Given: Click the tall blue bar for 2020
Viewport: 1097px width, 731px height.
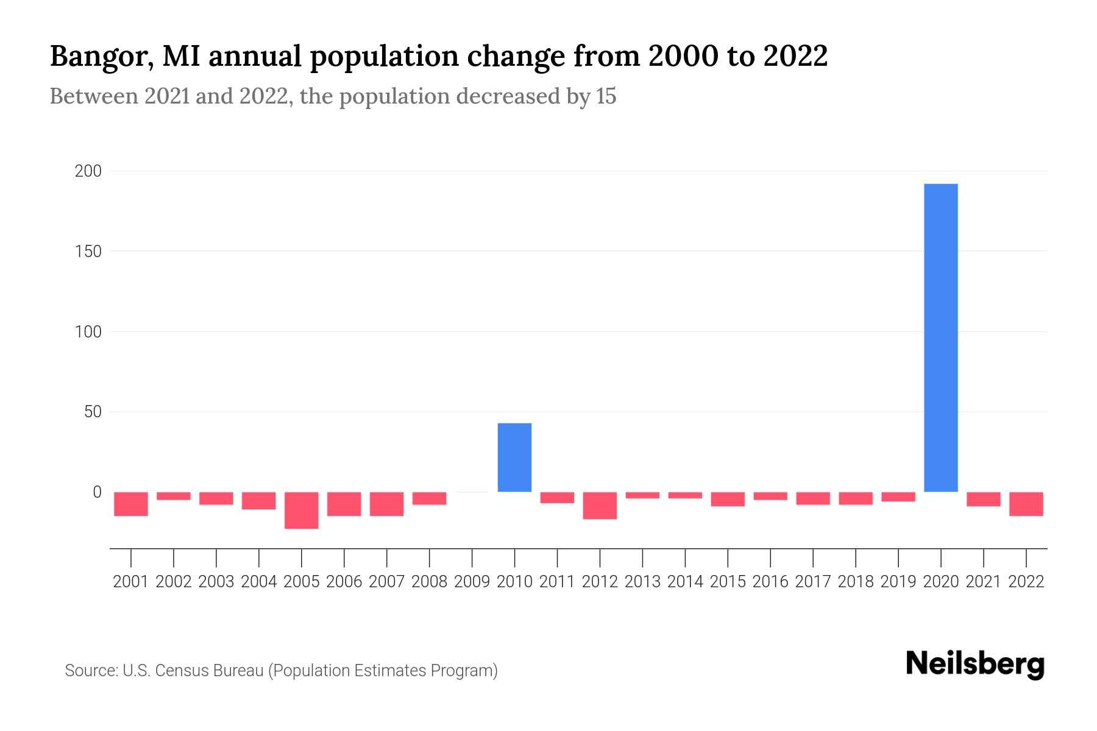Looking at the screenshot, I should pos(941,338).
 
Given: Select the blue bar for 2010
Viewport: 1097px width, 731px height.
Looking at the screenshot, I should pos(514,457).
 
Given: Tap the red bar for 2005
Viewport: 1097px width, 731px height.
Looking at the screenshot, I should pos(302,510).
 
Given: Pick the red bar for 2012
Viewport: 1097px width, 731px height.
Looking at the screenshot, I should pos(600,506).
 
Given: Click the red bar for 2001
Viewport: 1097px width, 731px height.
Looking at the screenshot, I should pos(131,504).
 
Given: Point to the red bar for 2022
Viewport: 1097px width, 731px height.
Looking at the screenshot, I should pos(1026,504).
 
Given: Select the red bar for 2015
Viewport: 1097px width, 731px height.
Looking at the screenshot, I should pos(728,499).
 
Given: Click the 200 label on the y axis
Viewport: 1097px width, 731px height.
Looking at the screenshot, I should pos(88,171).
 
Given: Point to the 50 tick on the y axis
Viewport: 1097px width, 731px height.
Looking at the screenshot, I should pos(93,412).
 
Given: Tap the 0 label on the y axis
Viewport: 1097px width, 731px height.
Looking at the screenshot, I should pos(97,492).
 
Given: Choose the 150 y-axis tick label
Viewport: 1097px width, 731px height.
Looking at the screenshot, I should pos(88,251).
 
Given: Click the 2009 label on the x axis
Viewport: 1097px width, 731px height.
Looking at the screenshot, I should pos(472,582).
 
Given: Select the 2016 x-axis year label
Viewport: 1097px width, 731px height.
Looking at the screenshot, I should pos(770,582).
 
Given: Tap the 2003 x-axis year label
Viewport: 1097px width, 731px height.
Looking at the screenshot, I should pos(216,582).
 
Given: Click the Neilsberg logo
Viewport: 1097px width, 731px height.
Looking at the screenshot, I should pos(975,664).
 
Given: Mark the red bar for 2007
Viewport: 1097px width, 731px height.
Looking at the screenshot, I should pos(386,504).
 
